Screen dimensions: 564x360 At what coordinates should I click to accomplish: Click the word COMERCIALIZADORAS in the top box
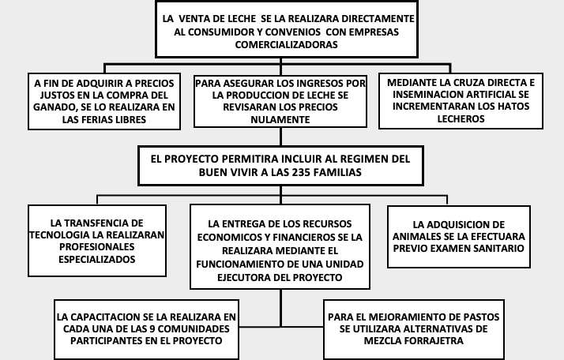point(286,44)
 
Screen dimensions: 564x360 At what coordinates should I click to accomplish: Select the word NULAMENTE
point(280,119)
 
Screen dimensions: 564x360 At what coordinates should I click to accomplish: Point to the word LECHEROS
point(461,118)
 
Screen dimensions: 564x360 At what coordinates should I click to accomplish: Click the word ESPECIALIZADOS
point(97,259)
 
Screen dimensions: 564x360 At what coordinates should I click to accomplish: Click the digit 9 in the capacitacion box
point(152,329)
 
